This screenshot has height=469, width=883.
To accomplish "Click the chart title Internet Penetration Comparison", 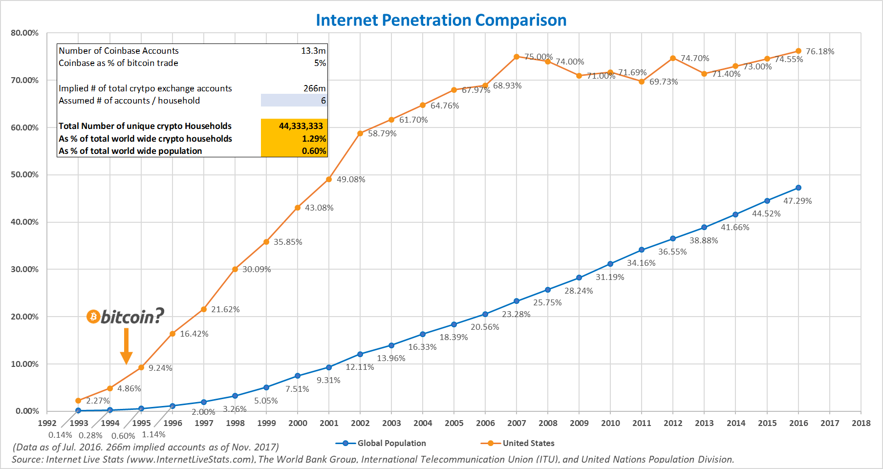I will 441,20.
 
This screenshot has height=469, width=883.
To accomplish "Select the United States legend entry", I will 518,443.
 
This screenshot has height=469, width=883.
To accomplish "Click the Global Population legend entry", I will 381,443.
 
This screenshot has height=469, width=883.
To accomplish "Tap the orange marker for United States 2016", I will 798,51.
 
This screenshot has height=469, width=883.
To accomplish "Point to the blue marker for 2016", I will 798,188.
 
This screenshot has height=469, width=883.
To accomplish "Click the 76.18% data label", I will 820,51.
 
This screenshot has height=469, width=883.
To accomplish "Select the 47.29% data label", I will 797,201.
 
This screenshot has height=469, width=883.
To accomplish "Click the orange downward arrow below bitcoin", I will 126,346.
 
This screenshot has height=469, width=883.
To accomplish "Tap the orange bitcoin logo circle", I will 93,317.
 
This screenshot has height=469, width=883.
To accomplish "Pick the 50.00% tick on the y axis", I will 24,174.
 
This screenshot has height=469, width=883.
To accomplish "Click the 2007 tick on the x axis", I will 517,423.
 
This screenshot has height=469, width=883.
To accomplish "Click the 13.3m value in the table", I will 313,51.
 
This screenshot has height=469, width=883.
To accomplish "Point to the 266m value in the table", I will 314,88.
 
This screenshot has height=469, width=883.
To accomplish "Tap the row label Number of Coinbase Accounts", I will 119,51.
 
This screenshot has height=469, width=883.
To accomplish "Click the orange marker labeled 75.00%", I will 517,57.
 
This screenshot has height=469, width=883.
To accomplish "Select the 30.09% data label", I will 257,269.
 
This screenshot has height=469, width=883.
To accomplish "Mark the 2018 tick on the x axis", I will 861,423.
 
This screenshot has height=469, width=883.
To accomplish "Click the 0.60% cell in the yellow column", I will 314,151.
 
